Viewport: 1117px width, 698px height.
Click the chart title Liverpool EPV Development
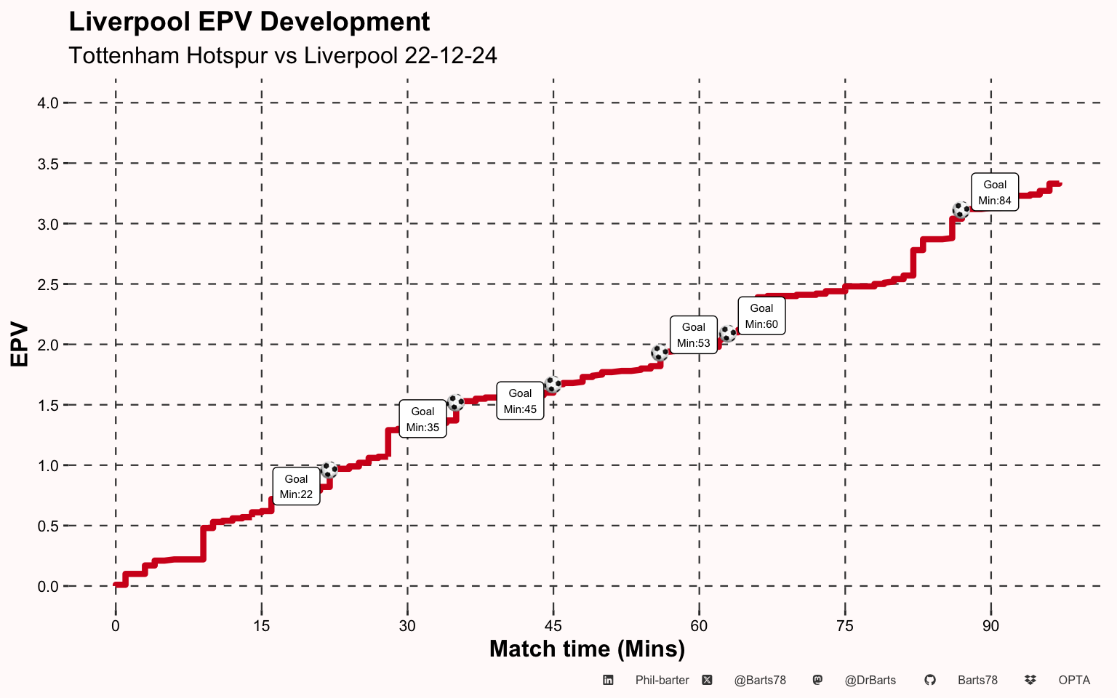[x=249, y=23]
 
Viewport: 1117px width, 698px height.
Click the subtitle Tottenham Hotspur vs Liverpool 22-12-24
[x=282, y=56]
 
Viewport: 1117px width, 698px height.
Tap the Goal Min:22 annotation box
[x=296, y=486]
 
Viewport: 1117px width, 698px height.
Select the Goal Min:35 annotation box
[x=423, y=420]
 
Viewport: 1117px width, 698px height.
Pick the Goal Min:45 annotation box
[x=520, y=401]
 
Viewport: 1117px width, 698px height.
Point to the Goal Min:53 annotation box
[x=693, y=335]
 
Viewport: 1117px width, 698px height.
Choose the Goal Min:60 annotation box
[x=761, y=316]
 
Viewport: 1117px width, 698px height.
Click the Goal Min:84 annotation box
[x=995, y=193]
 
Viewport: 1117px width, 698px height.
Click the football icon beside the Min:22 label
[x=329, y=470]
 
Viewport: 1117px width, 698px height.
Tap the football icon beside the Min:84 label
[x=961, y=211]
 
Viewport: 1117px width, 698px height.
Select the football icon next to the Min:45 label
[x=553, y=385]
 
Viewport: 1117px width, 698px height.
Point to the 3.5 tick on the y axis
[x=48, y=164]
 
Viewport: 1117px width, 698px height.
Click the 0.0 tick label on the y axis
[x=48, y=587]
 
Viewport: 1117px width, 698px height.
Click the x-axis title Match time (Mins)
[x=587, y=649]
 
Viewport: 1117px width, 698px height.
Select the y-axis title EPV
[x=20, y=345]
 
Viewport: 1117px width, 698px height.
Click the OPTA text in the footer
[x=1074, y=681]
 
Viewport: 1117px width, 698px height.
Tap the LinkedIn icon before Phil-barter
[x=608, y=681]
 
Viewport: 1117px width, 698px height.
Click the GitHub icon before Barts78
[x=929, y=681]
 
